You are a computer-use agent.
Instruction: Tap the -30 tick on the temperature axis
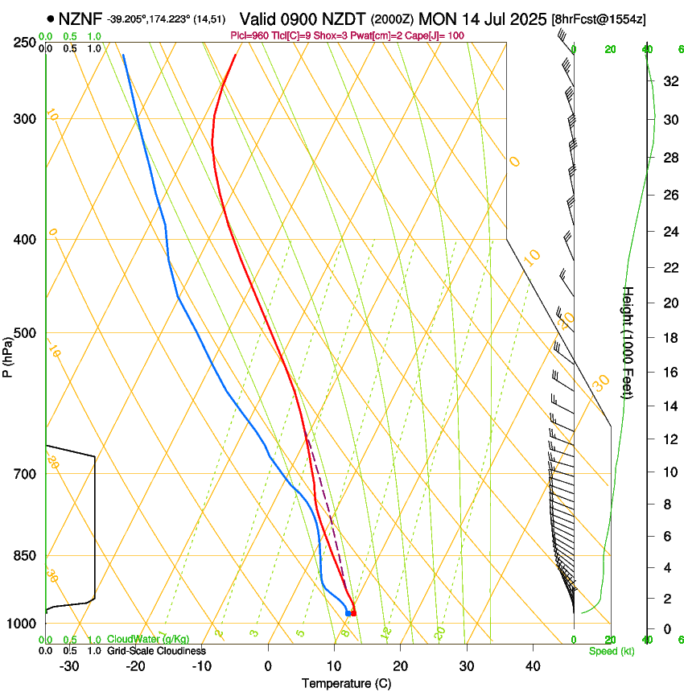69,665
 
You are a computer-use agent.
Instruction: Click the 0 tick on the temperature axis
268,665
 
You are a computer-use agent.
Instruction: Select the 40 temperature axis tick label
533,665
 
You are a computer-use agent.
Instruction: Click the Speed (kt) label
611,651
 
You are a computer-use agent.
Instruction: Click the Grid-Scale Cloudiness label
156,651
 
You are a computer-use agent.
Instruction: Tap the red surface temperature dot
353,613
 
